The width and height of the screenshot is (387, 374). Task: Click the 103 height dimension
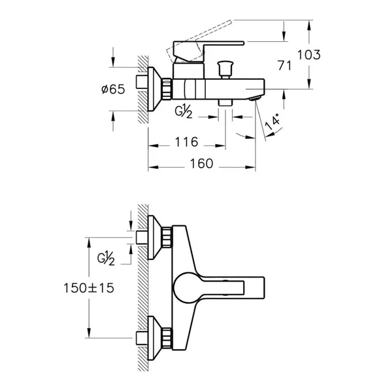pos(309,54)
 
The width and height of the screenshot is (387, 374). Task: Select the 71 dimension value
pos(284,65)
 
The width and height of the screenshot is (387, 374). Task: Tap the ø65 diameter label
pos(113,89)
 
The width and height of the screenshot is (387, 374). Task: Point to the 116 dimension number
pos(186,142)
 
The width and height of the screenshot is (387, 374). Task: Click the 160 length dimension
pos(201,164)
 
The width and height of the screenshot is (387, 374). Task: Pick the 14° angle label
pos(273,122)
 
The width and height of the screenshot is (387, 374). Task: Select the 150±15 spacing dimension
pos(89,288)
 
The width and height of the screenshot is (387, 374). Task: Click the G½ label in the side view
pos(184,111)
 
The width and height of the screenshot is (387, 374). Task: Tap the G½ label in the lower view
pos(106,258)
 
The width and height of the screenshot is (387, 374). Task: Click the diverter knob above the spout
pos(225,70)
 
